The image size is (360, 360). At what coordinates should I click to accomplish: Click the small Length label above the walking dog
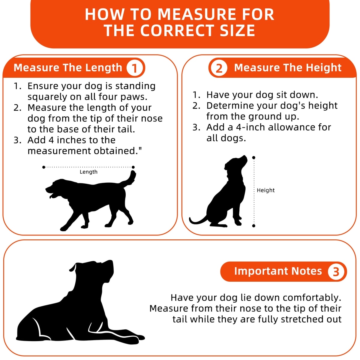(x=88, y=172)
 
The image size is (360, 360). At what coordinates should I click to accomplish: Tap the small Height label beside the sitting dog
(x=266, y=190)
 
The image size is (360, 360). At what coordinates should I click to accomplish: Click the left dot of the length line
(x=44, y=167)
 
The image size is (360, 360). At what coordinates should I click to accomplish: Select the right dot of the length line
(x=133, y=167)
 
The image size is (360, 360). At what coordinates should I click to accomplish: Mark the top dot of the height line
(x=253, y=158)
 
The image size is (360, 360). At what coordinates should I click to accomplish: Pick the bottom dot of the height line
(x=253, y=226)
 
